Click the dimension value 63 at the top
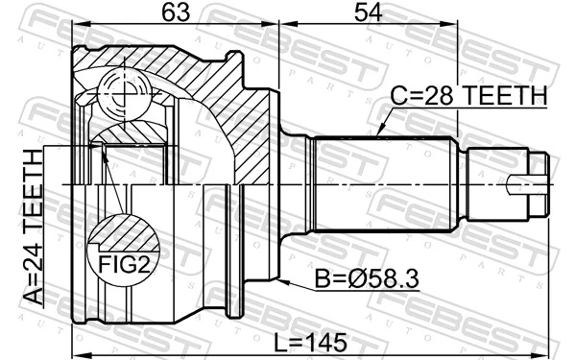point(173,12)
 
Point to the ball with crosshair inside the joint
point(123,94)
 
